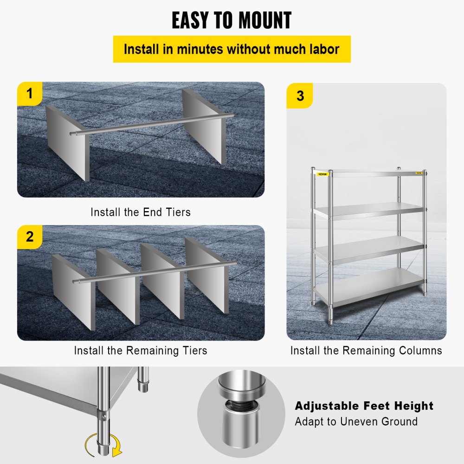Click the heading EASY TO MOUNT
click(x=232, y=20)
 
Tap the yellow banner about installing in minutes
click(x=232, y=49)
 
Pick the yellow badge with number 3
click(x=300, y=96)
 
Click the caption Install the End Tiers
click(x=140, y=213)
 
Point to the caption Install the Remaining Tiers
click(x=140, y=350)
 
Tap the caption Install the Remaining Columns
click(x=366, y=350)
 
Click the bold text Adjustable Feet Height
click(x=364, y=406)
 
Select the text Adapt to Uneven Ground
click(x=356, y=422)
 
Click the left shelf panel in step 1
click(x=68, y=142)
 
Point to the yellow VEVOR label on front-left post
click(x=322, y=174)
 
